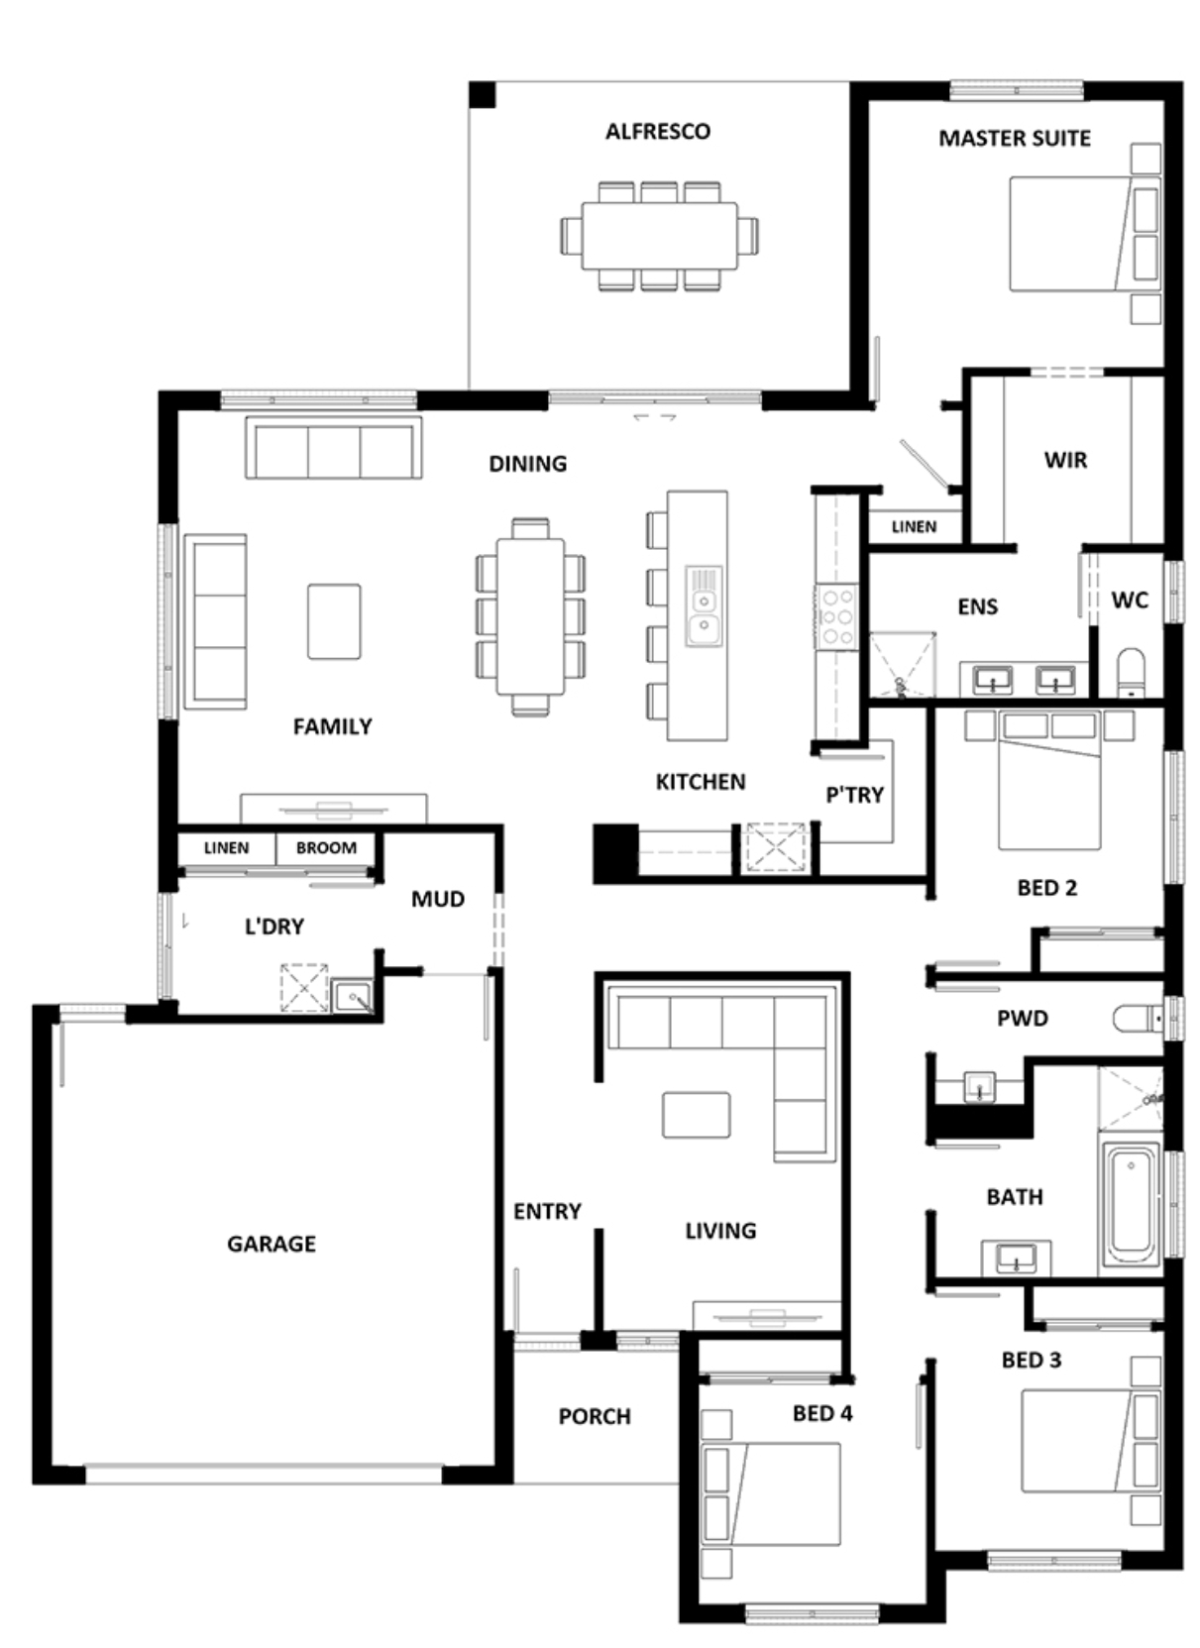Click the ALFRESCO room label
(658, 132)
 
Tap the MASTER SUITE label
(1015, 139)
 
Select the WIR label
(1065, 461)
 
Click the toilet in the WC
(1131, 672)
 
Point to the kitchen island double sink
(704, 606)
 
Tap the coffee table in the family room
(334, 621)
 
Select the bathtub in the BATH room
(1130, 1201)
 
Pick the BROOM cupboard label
(326, 847)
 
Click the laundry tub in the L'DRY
(351, 996)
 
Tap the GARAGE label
(272, 1244)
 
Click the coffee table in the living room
(696, 1115)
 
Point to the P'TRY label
(854, 796)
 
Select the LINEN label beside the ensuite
(914, 527)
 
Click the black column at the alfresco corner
(482, 95)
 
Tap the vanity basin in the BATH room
(1016, 1259)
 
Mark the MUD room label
(438, 899)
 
